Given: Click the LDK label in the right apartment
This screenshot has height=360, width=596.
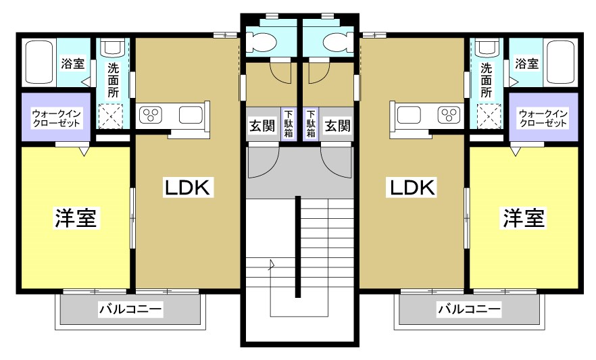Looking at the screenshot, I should click(x=411, y=187).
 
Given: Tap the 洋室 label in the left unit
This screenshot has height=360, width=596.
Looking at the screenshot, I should click(x=76, y=218).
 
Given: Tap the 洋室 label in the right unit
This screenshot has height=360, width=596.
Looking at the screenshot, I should click(x=523, y=218).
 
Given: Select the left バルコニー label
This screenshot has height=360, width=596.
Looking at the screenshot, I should click(x=130, y=310).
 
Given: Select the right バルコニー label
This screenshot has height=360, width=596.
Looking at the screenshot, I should click(x=469, y=310).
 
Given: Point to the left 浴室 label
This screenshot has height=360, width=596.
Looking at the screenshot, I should click(x=73, y=64).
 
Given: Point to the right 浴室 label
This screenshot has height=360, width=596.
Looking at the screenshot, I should click(x=526, y=64).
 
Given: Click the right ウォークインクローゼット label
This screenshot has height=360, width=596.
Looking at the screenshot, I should click(x=543, y=119).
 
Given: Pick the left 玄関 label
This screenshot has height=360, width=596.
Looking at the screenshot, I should click(x=262, y=126).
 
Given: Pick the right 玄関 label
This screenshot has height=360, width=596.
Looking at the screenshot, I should click(x=337, y=126).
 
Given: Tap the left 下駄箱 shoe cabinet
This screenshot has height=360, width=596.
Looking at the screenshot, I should click(x=289, y=124).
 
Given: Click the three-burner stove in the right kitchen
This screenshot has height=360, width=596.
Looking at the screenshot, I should click(x=447, y=115).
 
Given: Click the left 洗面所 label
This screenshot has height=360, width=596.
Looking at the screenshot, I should click(x=114, y=80).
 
